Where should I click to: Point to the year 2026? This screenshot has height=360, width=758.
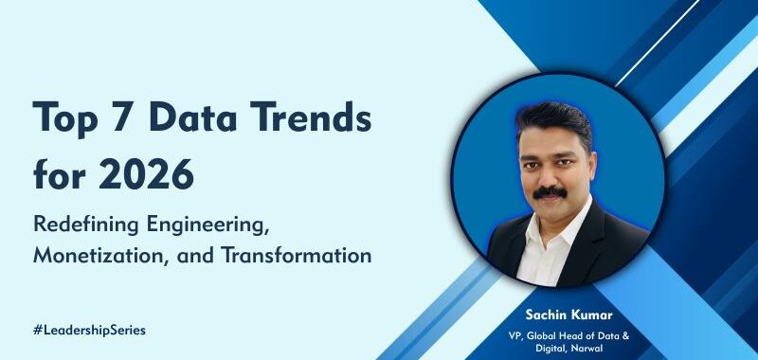145,174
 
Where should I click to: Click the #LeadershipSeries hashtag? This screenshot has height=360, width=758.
89,330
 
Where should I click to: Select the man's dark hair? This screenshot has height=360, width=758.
555,123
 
